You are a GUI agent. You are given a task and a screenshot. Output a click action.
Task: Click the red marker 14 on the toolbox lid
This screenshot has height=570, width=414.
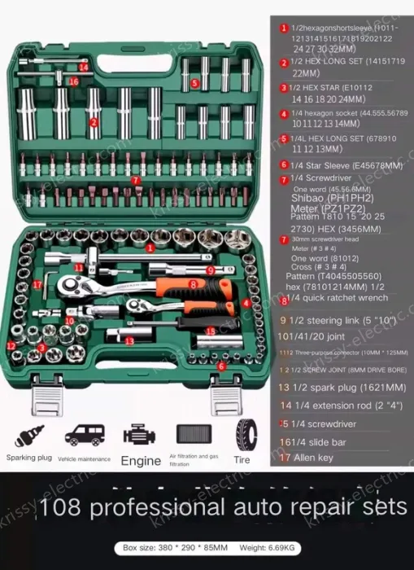(83, 68)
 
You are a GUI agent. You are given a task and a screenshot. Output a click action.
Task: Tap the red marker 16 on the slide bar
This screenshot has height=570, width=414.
(73, 81)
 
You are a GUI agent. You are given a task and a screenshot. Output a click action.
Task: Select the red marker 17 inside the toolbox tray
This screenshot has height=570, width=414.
(38, 284)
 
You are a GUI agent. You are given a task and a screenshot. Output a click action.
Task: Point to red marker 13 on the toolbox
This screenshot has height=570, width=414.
(129, 340)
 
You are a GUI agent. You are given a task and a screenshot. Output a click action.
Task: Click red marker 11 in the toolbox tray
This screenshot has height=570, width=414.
(79, 266)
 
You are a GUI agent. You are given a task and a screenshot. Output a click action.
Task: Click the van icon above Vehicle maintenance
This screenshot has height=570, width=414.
(82, 435)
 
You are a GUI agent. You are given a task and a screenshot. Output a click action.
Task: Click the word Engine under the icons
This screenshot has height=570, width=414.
(141, 460)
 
